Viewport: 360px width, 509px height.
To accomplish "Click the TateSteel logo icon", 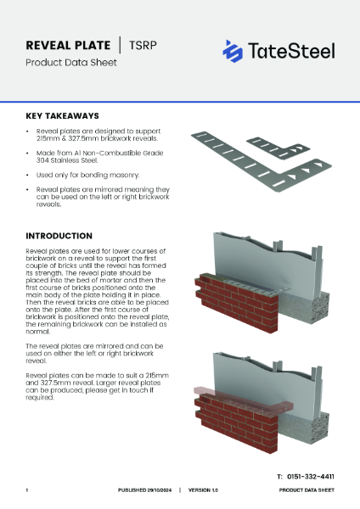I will (x=233, y=51).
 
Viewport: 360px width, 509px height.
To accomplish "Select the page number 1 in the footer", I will (x=27, y=491).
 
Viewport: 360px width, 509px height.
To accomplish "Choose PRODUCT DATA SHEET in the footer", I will (x=307, y=491).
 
